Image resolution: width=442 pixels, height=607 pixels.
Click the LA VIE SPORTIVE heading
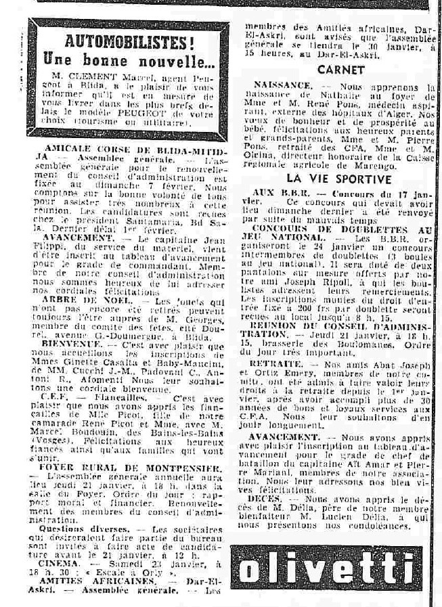tap(339, 179)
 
